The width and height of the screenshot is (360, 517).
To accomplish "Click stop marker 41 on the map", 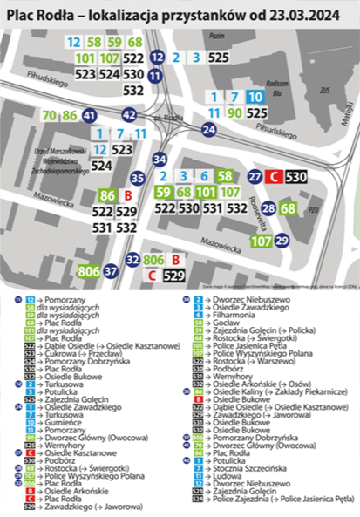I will [89, 115].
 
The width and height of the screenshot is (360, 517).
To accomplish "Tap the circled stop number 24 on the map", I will [208, 130].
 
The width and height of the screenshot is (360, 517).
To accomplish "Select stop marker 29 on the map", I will [281, 240].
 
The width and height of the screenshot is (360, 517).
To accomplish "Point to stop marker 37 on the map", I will [111, 271].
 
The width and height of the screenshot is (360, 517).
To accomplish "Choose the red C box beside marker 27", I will [274, 177].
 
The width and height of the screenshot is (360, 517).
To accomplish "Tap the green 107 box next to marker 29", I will [260, 240].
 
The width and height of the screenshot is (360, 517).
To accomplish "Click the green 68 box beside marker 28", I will [289, 208].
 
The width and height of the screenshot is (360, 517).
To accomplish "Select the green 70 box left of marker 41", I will [49, 115].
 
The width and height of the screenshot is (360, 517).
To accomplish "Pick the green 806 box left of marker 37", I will [88, 271].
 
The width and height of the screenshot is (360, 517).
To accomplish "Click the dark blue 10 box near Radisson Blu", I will [255, 97].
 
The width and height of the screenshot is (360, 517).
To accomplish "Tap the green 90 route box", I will [234, 112].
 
